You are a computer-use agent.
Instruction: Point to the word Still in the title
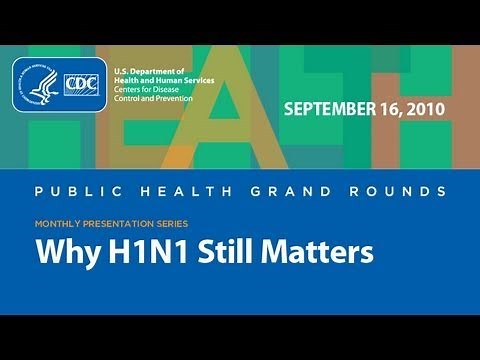[x=226, y=251]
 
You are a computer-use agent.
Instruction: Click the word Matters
[x=319, y=251]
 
